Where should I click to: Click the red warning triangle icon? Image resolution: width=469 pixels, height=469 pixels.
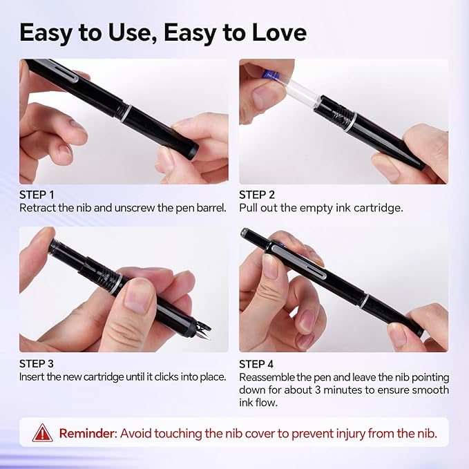click(42, 433)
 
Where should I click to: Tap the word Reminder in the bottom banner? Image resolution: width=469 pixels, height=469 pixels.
click(87, 434)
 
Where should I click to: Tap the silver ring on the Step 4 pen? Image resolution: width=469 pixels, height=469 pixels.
click(366, 302)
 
